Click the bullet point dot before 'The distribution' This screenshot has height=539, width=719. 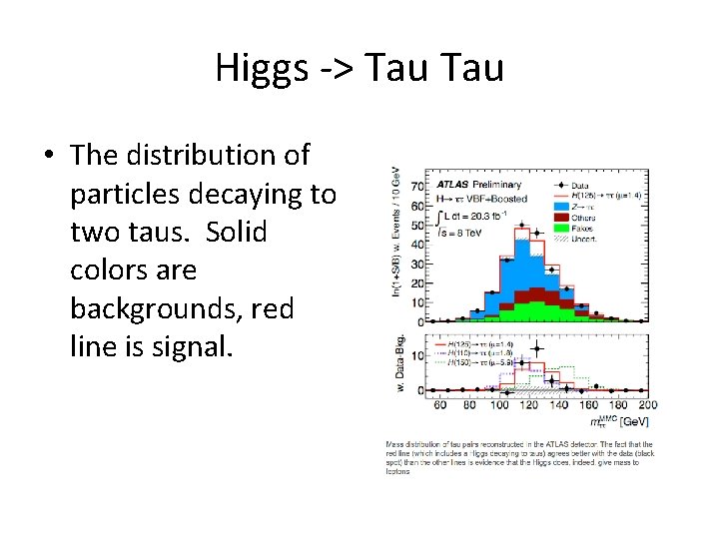[48, 157]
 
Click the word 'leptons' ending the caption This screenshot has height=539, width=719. [397, 471]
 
